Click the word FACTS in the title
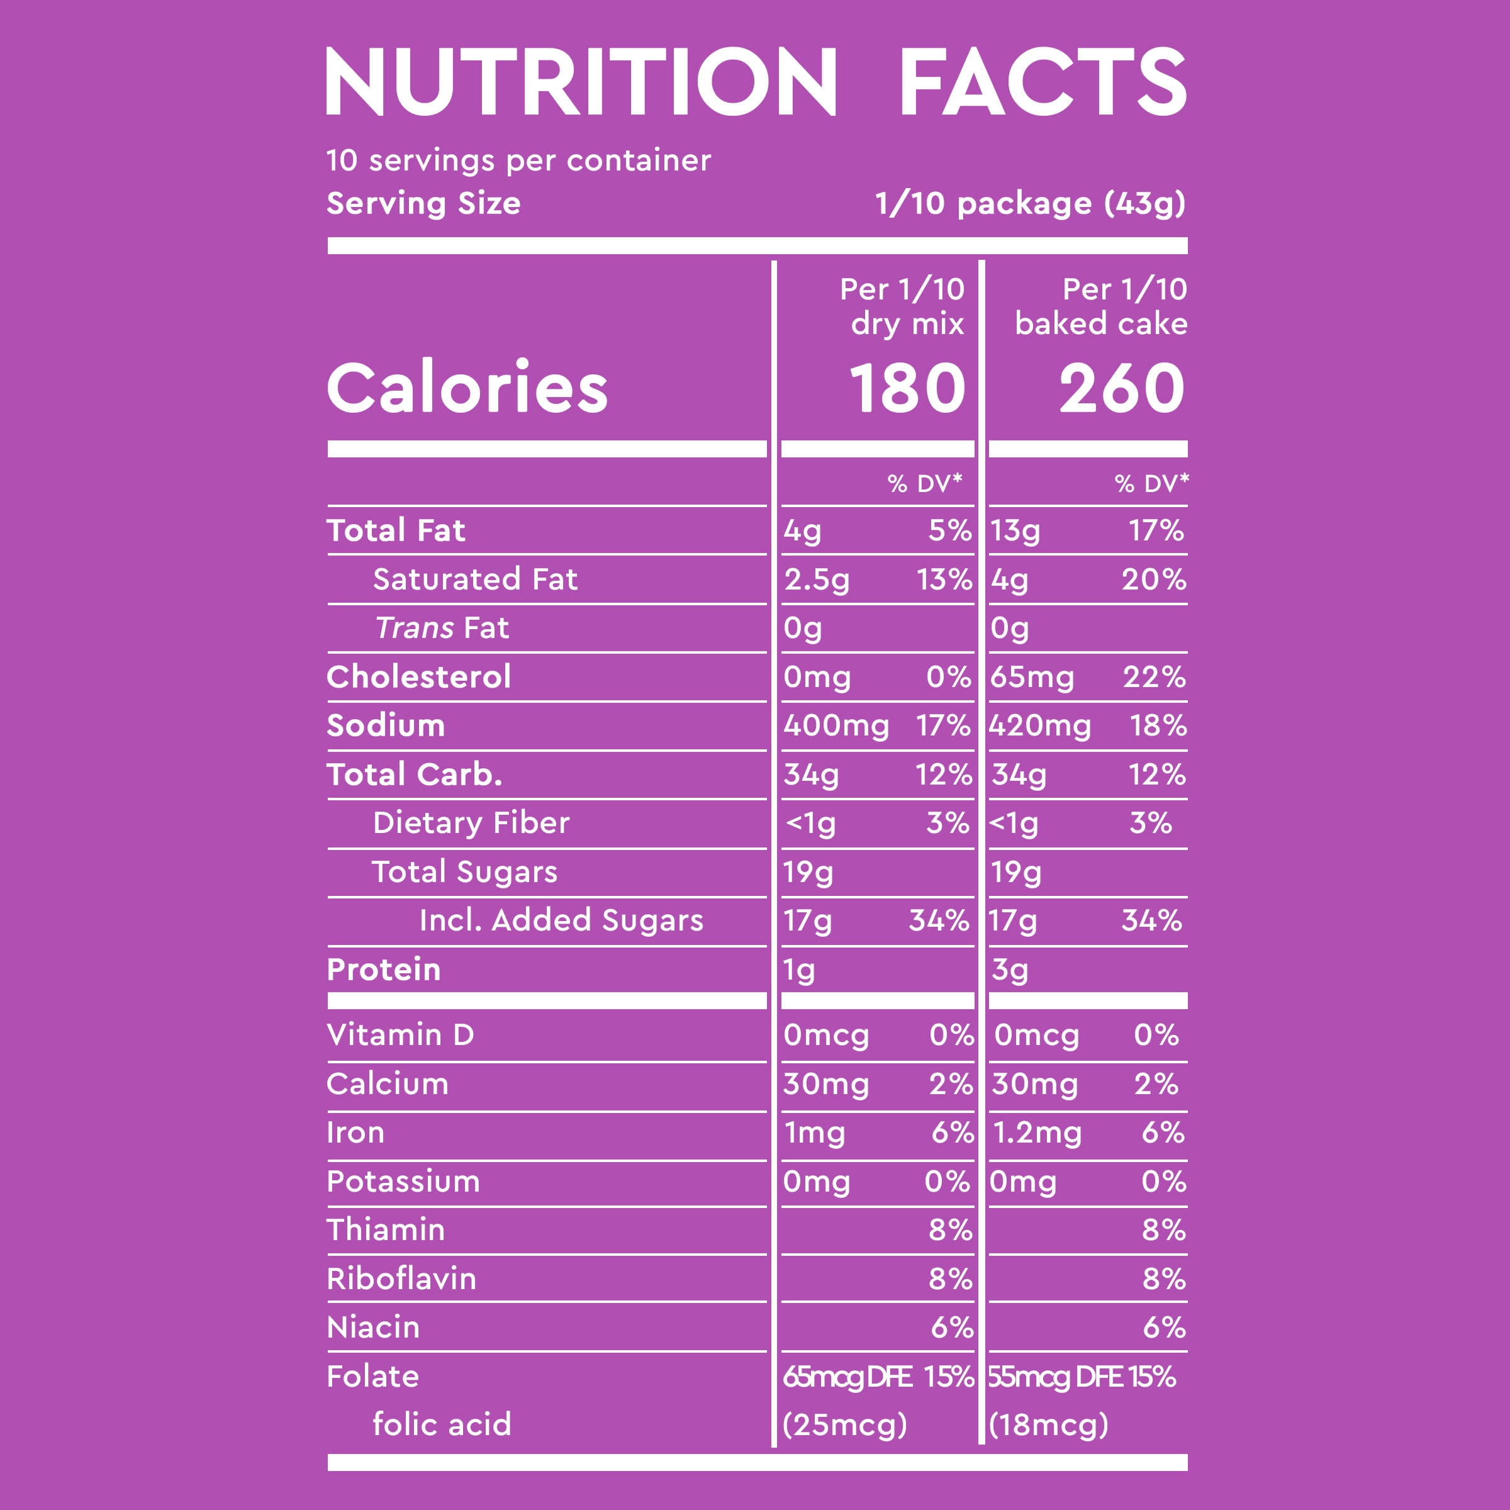tap(1043, 81)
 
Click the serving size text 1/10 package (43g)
tap(1030, 204)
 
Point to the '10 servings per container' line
tap(518, 160)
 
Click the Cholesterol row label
tap(419, 677)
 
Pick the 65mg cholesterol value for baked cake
tap(1032, 678)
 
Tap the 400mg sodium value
tap(836, 726)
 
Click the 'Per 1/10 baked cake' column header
tap(1102, 306)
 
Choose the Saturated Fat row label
tap(475, 579)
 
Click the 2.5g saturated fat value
tap(817, 580)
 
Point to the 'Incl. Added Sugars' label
tap(561, 920)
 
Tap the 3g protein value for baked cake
tap(1010, 970)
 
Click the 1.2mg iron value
tap(1037, 1132)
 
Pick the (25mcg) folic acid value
tap(845, 1425)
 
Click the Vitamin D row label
tap(400, 1035)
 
